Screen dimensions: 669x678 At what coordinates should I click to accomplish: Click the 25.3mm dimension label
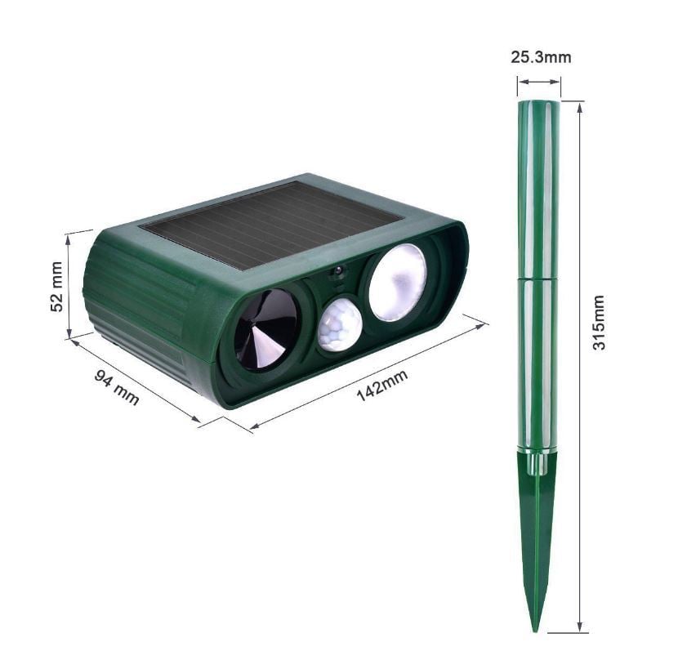point(540,57)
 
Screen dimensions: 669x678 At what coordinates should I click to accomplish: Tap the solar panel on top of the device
point(274,222)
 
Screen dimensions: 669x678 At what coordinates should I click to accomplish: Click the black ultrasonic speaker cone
point(265,328)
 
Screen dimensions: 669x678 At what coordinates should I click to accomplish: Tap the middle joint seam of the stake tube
point(539,278)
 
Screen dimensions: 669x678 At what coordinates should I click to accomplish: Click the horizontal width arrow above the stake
point(539,81)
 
